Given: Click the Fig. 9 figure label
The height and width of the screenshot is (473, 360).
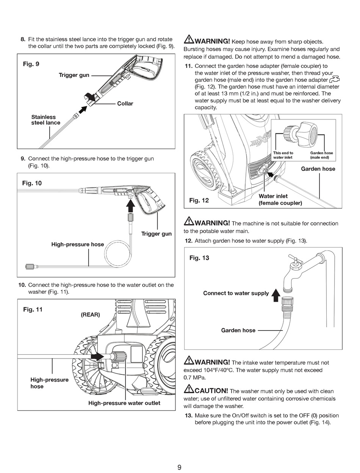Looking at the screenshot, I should (x=31, y=64).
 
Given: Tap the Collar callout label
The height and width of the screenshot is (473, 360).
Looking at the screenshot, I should (x=125, y=103).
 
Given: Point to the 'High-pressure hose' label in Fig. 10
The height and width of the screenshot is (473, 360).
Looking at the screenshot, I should (x=77, y=244).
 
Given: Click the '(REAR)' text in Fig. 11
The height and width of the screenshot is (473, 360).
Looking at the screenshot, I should (x=90, y=315).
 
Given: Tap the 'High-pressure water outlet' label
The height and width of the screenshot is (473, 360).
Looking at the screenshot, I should (x=124, y=403).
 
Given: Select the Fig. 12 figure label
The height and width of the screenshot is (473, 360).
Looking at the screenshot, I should (x=199, y=200).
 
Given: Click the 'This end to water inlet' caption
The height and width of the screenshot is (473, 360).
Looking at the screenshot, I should (x=283, y=155).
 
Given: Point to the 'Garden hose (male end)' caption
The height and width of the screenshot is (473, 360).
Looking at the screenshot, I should (x=321, y=155).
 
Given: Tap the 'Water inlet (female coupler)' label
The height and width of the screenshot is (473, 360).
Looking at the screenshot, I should (x=280, y=199).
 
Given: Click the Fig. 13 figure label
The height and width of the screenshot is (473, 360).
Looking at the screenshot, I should (x=199, y=258).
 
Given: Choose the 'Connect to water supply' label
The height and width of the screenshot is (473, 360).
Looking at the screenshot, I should (x=236, y=293).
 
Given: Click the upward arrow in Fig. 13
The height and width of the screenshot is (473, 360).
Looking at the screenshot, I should (x=276, y=294).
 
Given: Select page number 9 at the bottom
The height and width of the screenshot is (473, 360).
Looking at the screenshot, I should (x=179, y=467).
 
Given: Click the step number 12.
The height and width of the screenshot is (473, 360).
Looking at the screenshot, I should (x=189, y=241).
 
